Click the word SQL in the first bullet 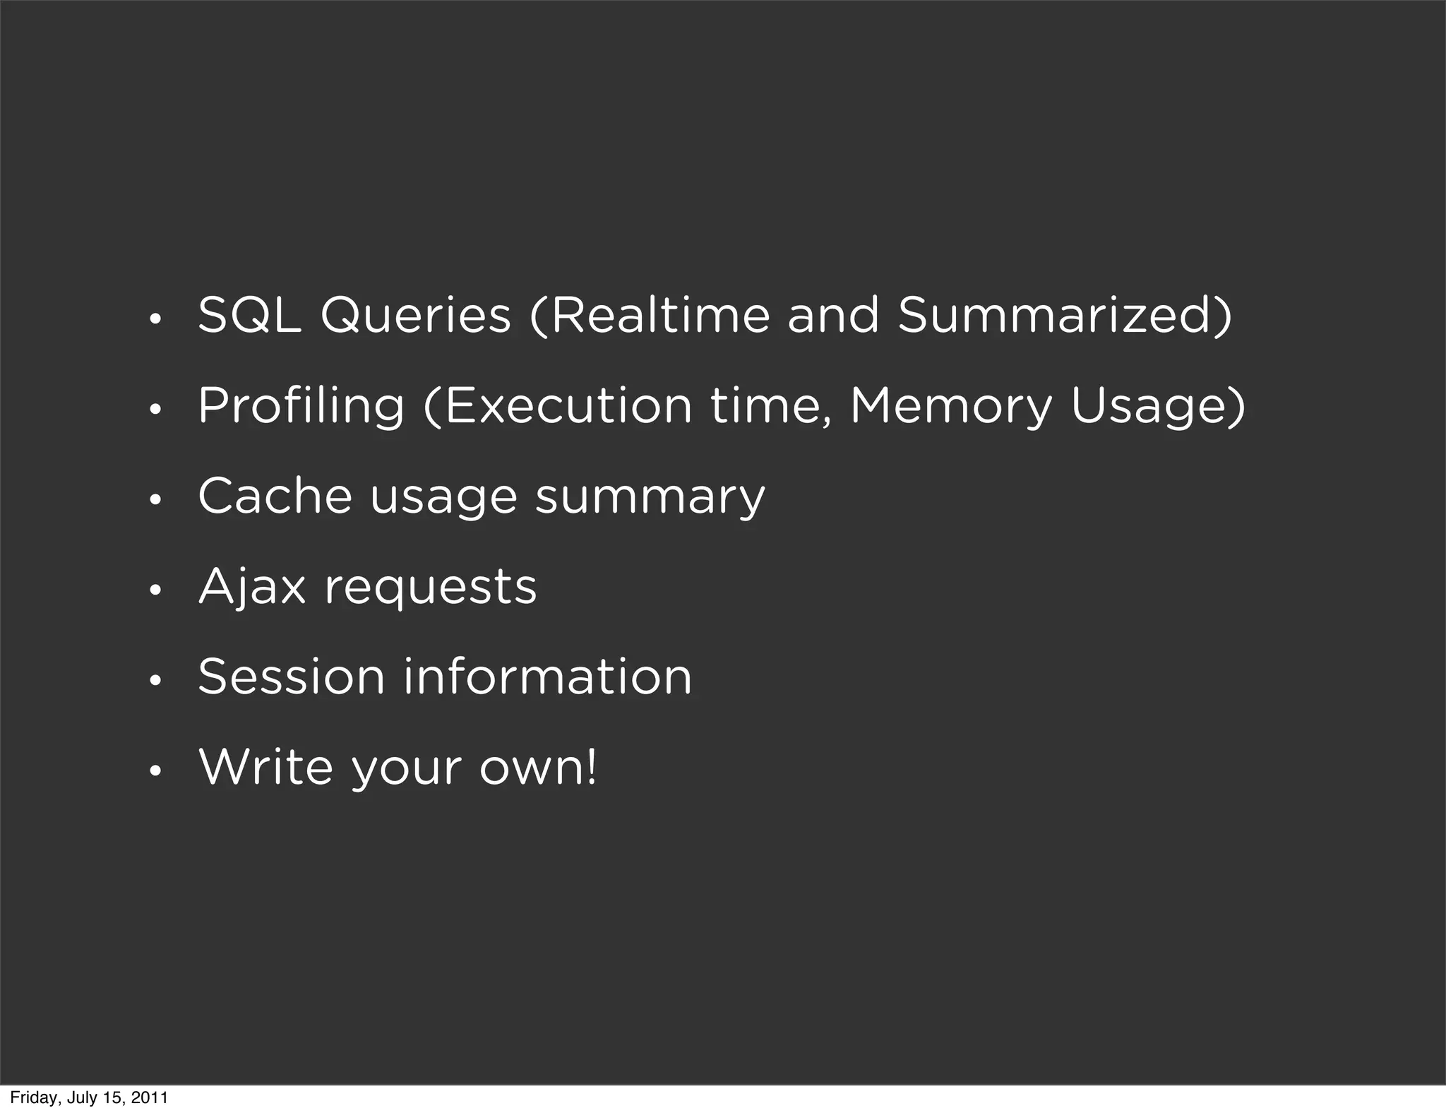pyautogui.click(x=249, y=315)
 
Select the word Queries pyautogui.click(x=415, y=315)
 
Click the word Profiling pyautogui.click(x=301, y=407)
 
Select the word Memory pyautogui.click(x=950, y=407)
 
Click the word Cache pyautogui.click(x=275, y=496)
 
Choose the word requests pyautogui.click(x=431, y=588)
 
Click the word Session pyautogui.click(x=291, y=677)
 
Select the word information pyautogui.click(x=548, y=677)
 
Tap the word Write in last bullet pyautogui.click(x=265, y=767)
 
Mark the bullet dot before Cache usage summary pyautogui.click(x=155, y=501)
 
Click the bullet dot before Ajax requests pyautogui.click(x=155, y=591)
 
